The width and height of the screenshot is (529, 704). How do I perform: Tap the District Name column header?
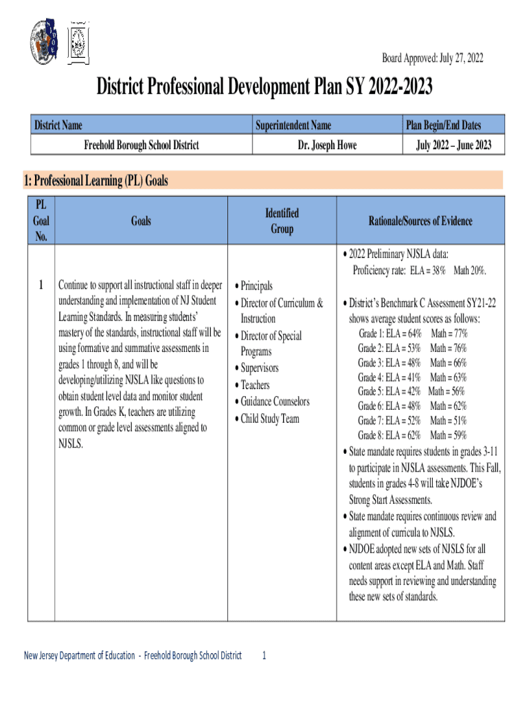(59, 125)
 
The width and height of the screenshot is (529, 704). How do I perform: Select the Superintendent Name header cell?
(293, 125)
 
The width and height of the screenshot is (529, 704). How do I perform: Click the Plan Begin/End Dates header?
(443, 125)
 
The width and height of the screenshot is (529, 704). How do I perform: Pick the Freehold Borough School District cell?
(142, 145)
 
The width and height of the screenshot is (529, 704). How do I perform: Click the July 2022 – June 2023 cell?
(453, 145)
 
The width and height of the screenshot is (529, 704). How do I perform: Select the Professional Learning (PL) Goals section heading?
(95, 181)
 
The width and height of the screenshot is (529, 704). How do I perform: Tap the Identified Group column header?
(282, 221)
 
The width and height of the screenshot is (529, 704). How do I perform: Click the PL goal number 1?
(42, 285)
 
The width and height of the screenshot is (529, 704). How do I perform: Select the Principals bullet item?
(256, 286)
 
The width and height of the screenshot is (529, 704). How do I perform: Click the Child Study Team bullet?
(269, 418)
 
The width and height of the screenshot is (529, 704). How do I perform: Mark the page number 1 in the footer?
(264, 655)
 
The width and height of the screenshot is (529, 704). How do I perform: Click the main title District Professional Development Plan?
(264, 87)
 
